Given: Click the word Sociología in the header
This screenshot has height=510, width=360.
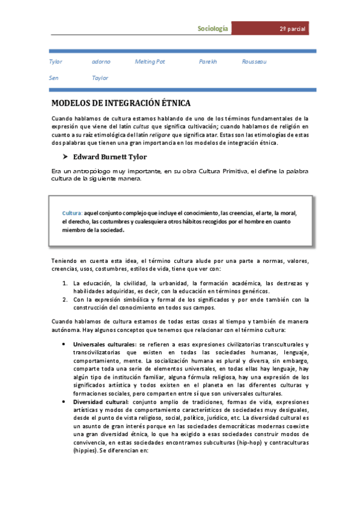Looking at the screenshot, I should click(x=213, y=29).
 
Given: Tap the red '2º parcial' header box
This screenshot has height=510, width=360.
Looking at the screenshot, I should click(x=293, y=29).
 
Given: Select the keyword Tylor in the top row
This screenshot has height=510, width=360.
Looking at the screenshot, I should click(x=55, y=62).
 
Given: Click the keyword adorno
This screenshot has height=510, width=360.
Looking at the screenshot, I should click(x=101, y=62).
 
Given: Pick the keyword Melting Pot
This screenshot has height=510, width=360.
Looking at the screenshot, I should click(x=150, y=62).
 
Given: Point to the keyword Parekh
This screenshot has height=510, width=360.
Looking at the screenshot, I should click(x=207, y=62).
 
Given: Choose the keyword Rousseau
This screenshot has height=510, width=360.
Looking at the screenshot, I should click(x=254, y=62).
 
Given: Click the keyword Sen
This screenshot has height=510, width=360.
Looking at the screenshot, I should click(x=53, y=78).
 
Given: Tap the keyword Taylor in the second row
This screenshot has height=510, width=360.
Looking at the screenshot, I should click(x=100, y=78).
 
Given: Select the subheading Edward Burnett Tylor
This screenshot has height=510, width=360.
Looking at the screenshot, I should click(x=114, y=158).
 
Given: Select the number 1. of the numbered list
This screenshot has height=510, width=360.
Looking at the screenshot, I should click(x=66, y=283).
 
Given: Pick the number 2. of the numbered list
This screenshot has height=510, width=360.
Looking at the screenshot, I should click(x=66, y=299).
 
